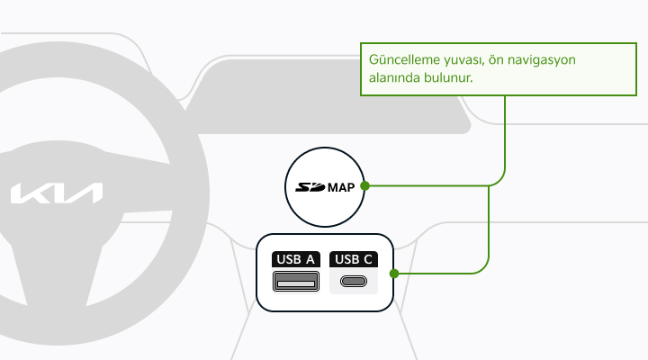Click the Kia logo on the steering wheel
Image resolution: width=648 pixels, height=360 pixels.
pyautogui.click(x=57, y=193)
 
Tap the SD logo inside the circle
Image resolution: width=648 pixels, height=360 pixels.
pyautogui.click(x=310, y=187)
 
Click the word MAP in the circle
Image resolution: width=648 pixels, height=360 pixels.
pyautogui.click(x=341, y=187)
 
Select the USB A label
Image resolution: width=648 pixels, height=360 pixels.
pyautogui.click(x=296, y=259)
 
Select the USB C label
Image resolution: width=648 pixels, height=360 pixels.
pyautogui.click(x=354, y=259)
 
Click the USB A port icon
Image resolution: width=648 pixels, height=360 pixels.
pyautogui.click(x=296, y=281)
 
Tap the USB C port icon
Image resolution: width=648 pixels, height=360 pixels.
pyautogui.click(x=354, y=282)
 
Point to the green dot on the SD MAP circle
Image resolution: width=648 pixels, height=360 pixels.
pyautogui.click(x=364, y=186)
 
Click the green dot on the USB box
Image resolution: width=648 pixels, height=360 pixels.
pyautogui.click(x=394, y=274)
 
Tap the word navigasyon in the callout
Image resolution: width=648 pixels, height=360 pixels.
pyautogui.click(x=542, y=60)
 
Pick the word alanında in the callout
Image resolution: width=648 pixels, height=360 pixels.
pyautogui.click(x=393, y=77)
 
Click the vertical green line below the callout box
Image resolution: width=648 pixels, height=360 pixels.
pyautogui.click(x=505, y=132)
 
